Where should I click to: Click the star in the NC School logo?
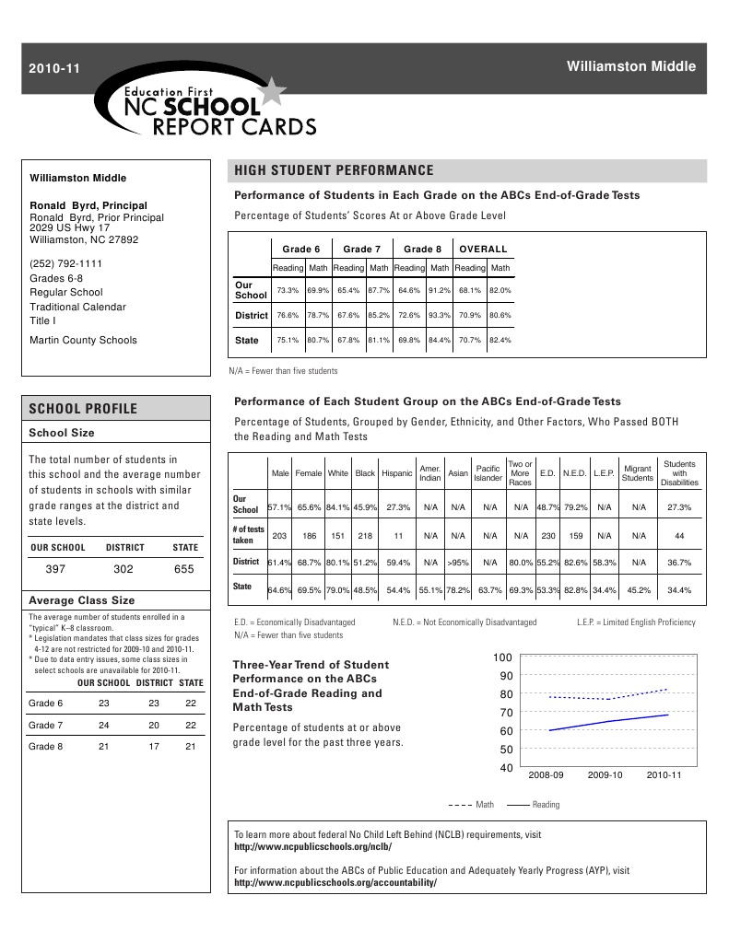pos(273,92)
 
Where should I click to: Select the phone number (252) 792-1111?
pos(65,263)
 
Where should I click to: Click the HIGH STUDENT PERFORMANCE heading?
pos(334,170)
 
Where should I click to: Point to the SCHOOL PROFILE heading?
pos(83,409)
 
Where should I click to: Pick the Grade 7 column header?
pos(362,249)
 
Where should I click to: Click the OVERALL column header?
pos(484,249)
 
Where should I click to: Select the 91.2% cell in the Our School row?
pos(439,290)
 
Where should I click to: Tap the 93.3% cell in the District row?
pos(439,315)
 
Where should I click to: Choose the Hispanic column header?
pos(397,473)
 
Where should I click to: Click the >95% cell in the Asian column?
pos(457,562)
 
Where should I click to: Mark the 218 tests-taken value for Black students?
pos(365,535)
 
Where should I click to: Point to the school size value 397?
pos(56,569)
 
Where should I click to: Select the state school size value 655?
pos(184,569)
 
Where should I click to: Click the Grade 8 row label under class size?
pos(46,746)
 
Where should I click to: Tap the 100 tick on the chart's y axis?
pos(502,657)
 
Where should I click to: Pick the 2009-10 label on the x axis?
pos(605,775)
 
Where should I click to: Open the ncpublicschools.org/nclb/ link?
pos(314,846)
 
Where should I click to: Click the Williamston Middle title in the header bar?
pos(630,66)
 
